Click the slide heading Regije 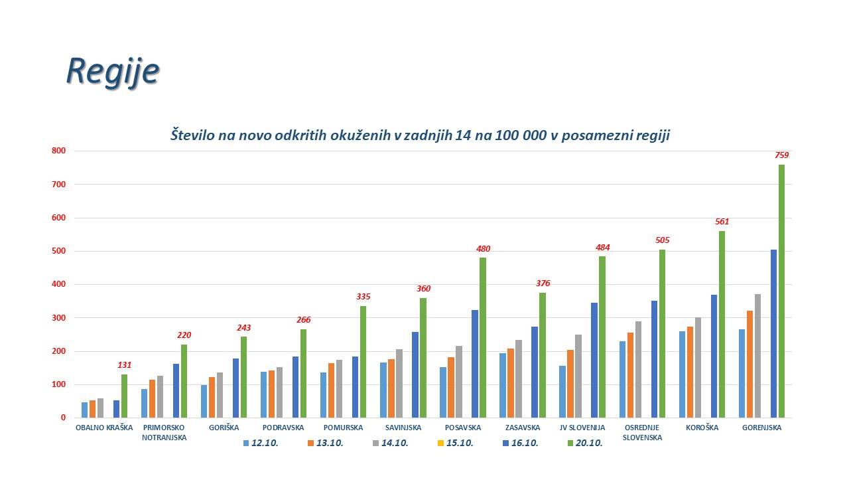(112, 70)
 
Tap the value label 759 (781, 155)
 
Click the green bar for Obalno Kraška (124, 396)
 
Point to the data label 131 (125, 365)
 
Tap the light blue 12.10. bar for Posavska (443, 392)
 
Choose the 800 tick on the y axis (59, 151)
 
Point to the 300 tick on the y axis (59, 318)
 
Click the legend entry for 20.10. (586, 443)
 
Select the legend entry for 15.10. (456, 443)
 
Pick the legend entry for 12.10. (261, 443)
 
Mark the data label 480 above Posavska (483, 249)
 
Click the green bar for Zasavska (543, 355)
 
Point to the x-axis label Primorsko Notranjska (164, 432)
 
